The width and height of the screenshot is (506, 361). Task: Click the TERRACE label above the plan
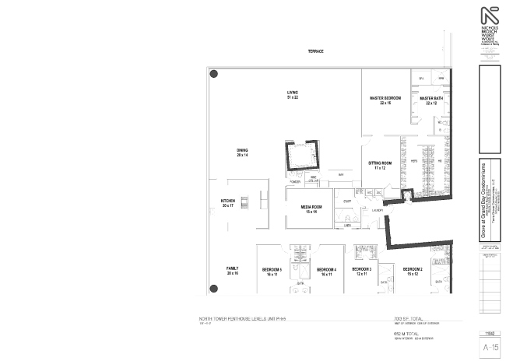(x=315, y=51)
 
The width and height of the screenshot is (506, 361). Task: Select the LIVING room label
(x=293, y=94)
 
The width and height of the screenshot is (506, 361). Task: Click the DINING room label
(x=242, y=152)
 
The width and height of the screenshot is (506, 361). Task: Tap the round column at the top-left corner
(x=214, y=74)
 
